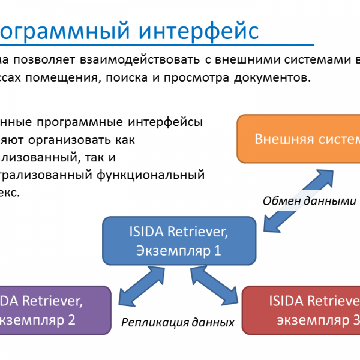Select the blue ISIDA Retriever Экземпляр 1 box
[179, 239]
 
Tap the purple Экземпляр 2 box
[55, 310]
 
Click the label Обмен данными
[310, 201]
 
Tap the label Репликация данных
[178, 322]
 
